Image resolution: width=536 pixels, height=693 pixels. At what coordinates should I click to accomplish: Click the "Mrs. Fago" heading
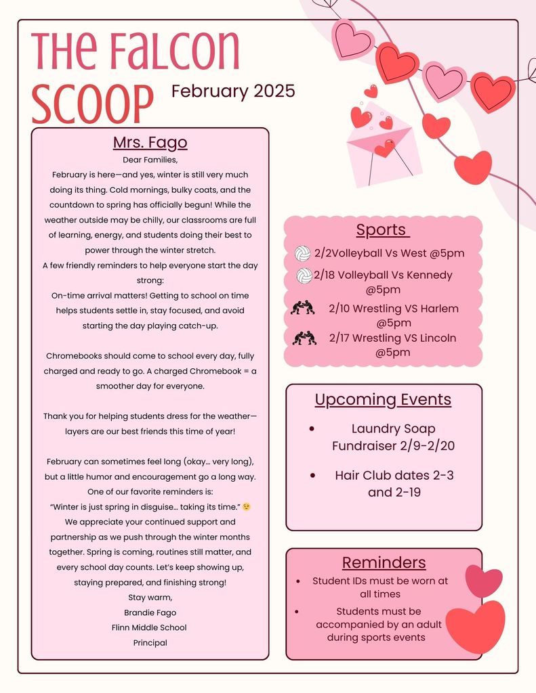click(x=150, y=143)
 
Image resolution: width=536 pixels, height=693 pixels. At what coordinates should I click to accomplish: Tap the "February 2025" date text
click(x=233, y=91)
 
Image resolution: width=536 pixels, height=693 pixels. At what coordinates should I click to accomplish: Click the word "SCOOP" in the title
click(x=92, y=104)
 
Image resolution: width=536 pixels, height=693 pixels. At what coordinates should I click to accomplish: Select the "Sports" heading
click(x=382, y=229)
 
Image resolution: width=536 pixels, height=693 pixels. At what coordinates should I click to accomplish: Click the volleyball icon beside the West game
click(x=302, y=254)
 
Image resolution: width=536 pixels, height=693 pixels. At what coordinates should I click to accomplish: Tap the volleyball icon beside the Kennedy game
click(x=304, y=276)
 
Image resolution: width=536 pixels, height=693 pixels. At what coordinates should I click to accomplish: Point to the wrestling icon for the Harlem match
click(x=302, y=309)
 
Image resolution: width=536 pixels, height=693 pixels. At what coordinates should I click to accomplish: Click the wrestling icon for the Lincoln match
click(x=304, y=338)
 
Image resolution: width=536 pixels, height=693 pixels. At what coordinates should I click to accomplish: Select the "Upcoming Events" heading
click(x=383, y=399)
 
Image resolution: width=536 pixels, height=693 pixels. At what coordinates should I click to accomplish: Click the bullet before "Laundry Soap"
click(x=311, y=429)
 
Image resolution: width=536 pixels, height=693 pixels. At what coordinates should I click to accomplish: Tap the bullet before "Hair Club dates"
click(x=312, y=476)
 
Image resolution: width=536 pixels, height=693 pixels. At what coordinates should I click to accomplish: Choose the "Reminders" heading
click(x=384, y=562)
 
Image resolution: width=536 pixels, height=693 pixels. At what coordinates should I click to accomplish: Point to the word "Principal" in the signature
click(x=150, y=643)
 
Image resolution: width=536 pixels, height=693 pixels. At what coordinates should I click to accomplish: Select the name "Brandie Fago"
click(x=150, y=612)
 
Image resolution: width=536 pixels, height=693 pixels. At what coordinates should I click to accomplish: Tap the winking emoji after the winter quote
click(x=247, y=507)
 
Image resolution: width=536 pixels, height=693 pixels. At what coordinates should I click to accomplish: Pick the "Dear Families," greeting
click(x=150, y=160)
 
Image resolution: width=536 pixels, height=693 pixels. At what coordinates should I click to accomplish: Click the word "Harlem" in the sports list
click(x=439, y=309)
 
